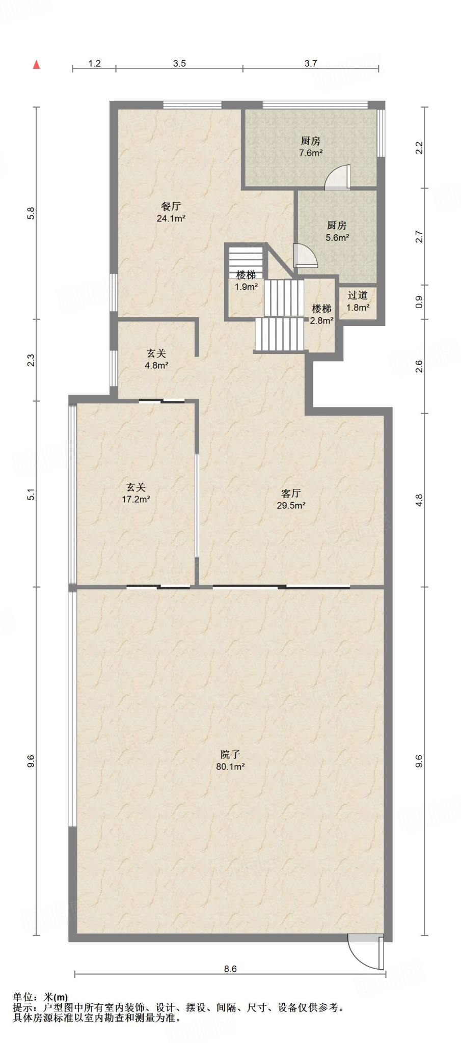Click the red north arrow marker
(36, 64)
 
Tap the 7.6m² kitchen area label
(311, 147)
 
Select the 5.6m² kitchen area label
(337, 231)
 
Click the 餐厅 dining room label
(171, 206)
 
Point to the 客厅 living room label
(291, 493)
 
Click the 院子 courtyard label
(230, 754)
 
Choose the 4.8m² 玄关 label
(156, 359)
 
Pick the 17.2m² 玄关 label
(136, 493)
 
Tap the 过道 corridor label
(358, 295)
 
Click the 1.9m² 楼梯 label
(246, 281)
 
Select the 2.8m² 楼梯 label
(321, 315)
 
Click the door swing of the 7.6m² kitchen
(337, 177)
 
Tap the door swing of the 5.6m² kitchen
(306, 256)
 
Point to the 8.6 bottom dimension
(230, 969)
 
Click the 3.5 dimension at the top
(179, 64)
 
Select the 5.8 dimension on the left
(31, 213)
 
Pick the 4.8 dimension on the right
(419, 500)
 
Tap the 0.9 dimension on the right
(419, 302)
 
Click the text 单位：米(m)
(40, 997)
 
